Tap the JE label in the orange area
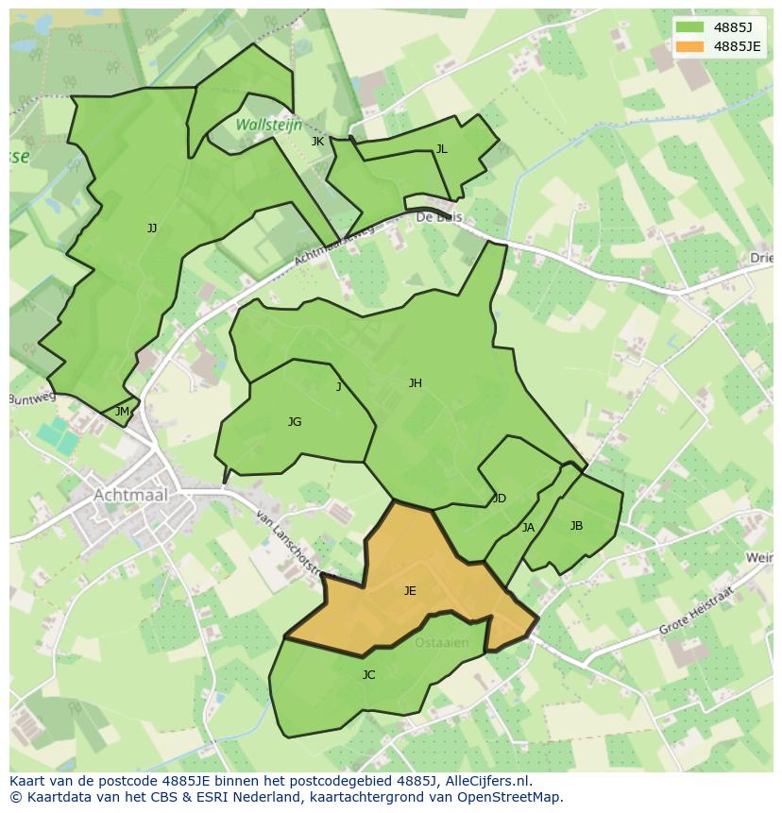tap(410, 591)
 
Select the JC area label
tap(368, 675)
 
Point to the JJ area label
tap(152, 229)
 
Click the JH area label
tap(416, 383)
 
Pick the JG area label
tap(295, 422)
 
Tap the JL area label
tap(441, 149)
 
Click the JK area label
tap(317, 142)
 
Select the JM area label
tap(122, 412)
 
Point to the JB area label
tap(576, 526)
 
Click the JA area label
tap(528, 528)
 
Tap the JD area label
tap(500, 499)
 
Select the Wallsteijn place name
tap(268, 125)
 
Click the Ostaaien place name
tap(441, 643)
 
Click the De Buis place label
tap(437, 217)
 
